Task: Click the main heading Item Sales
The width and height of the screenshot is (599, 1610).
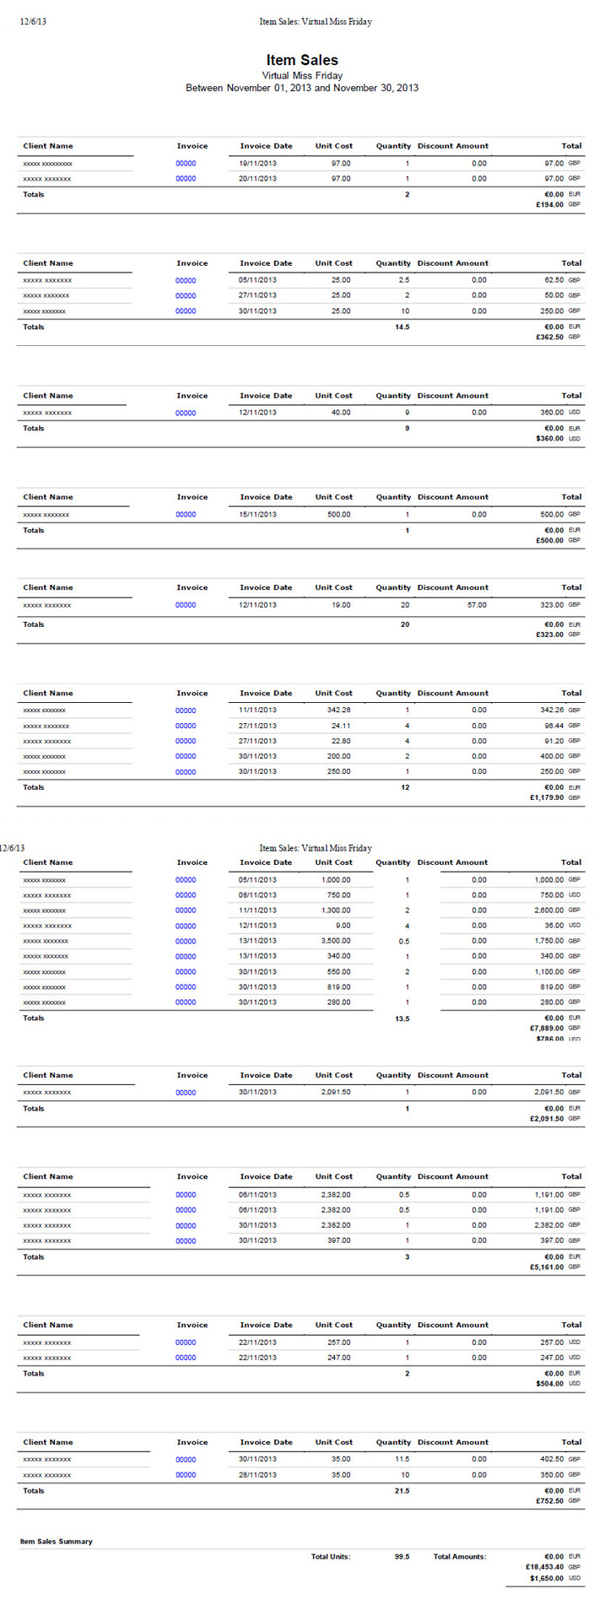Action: coord(302,60)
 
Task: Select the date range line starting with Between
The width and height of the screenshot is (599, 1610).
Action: coord(302,88)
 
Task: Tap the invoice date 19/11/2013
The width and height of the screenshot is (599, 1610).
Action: coord(257,164)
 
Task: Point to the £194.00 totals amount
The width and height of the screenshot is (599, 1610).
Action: coord(549,205)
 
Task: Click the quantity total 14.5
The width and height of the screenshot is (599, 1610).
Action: coord(402,327)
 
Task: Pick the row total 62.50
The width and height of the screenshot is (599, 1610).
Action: coord(553,280)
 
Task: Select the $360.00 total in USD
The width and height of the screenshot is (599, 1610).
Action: coord(549,439)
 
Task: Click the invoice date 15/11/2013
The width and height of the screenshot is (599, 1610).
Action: coord(257,515)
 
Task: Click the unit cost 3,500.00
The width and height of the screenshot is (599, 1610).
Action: coord(336,941)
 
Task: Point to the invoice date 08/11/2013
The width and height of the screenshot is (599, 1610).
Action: coord(257,895)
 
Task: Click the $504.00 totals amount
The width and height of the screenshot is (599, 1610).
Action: coord(549,1384)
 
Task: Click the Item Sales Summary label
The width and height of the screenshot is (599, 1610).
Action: coord(57,1542)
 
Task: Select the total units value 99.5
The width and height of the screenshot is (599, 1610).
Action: coord(402,1557)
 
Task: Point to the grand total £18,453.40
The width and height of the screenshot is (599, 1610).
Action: coord(544,1567)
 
